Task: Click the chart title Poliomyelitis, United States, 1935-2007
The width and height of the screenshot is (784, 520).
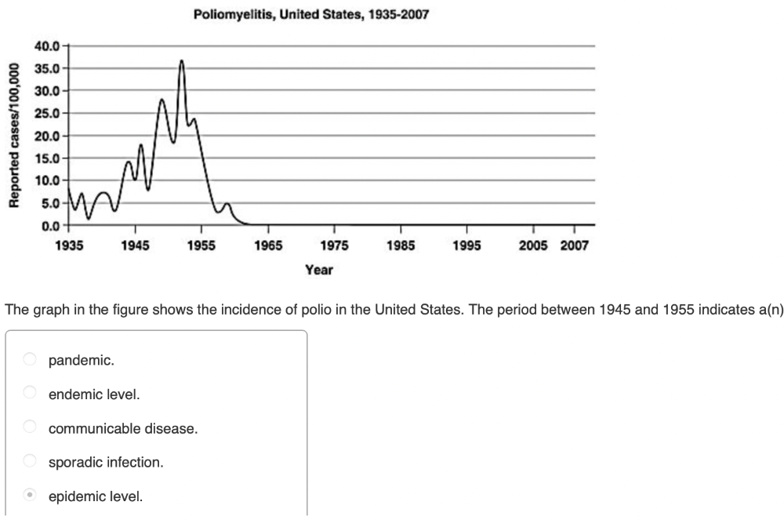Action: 311,15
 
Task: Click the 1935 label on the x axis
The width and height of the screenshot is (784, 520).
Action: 70,245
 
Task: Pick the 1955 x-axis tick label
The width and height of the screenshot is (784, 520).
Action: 201,245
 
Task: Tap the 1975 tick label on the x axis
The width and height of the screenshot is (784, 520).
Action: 334,245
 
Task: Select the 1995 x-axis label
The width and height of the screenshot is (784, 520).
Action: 466,245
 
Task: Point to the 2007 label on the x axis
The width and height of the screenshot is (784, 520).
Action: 574,245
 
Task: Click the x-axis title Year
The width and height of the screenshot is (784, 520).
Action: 319,270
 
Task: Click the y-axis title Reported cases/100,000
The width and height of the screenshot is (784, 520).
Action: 13,135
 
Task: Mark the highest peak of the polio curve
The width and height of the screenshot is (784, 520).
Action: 181,60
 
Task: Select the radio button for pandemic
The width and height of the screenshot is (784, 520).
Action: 30,360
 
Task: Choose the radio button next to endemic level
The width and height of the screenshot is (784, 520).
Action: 30,394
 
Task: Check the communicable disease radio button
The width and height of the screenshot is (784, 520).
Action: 30,428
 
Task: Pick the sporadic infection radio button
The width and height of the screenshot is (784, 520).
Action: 30,462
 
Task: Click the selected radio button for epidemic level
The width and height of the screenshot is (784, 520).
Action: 30,496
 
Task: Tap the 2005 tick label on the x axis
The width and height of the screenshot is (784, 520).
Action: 533,245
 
